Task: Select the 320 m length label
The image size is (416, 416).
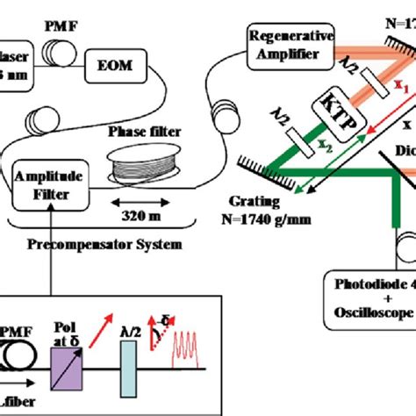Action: pyautogui.click(x=133, y=212)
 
